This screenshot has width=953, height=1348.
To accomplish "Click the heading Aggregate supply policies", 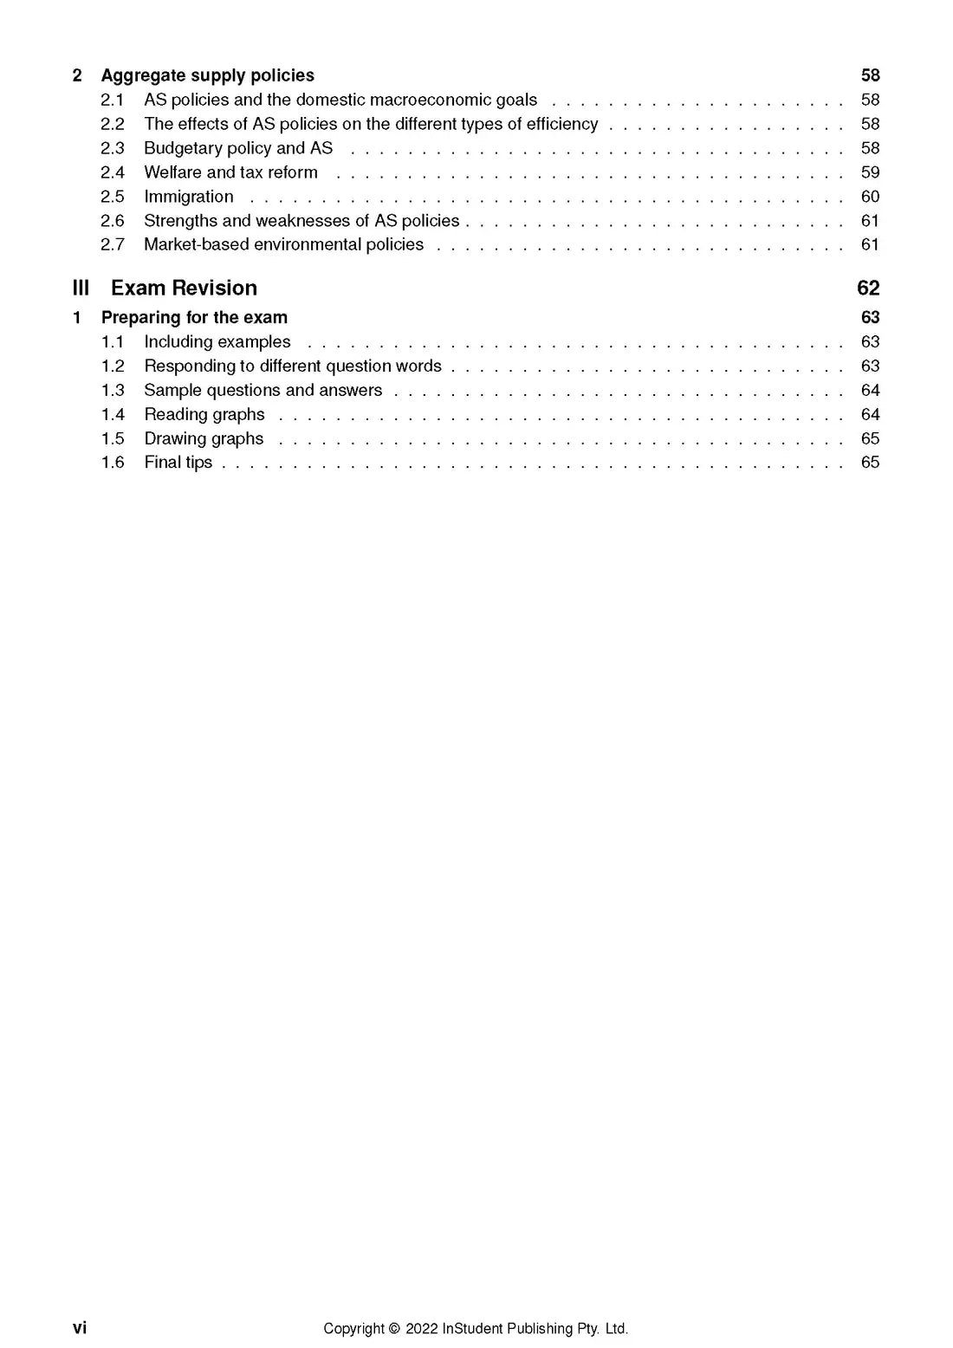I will tap(207, 75).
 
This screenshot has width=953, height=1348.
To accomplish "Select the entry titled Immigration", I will tap(188, 197).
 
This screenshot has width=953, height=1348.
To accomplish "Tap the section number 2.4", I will tap(113, 172).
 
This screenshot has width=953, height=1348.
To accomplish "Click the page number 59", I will tap(870, 172).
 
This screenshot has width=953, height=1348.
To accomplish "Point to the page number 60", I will tap(870, 197).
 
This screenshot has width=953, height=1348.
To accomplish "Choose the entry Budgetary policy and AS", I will tap(238, 148).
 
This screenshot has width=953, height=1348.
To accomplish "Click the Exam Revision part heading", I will tap(184, 288).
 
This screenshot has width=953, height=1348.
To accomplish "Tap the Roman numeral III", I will tap(81, 288).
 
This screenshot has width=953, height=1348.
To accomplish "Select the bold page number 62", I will tap(867, 288).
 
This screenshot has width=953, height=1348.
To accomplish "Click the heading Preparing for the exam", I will tap(194, 317).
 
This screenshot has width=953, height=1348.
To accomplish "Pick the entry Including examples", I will tap(217, 341).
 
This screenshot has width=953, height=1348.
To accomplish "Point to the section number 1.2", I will tap(113, 366).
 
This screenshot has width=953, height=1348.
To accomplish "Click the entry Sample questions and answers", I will tap(263, 390).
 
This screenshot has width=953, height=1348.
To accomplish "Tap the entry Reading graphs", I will tap(204, 414).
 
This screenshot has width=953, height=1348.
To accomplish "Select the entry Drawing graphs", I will tap(204, 438).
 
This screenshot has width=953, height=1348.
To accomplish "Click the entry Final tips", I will tap(178, 462).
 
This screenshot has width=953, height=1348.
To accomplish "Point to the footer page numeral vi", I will tap(80, 1327).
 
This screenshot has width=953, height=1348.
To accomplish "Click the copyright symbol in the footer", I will tap(394, 1328).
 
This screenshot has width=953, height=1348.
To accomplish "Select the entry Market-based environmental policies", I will tap(283, 244).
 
